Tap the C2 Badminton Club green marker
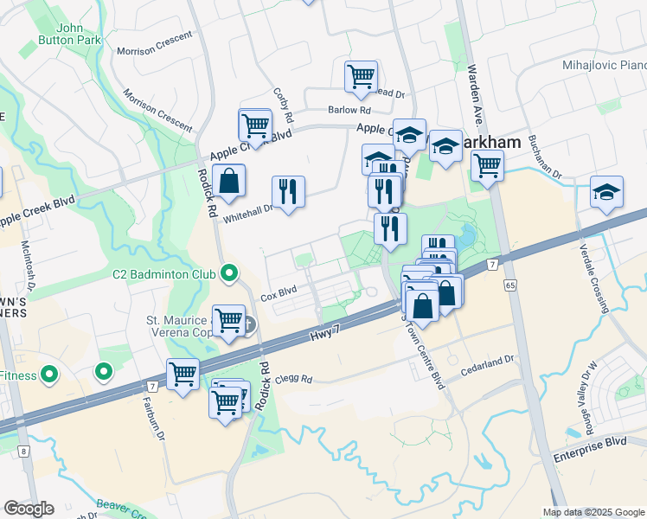[x=229, y=274]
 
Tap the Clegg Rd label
[x=295, y=378]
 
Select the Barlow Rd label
[x=349, y=110]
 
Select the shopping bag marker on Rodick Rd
[x=228, y=183]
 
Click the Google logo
[x=29, y=509]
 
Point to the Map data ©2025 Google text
[x=593, y=512]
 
